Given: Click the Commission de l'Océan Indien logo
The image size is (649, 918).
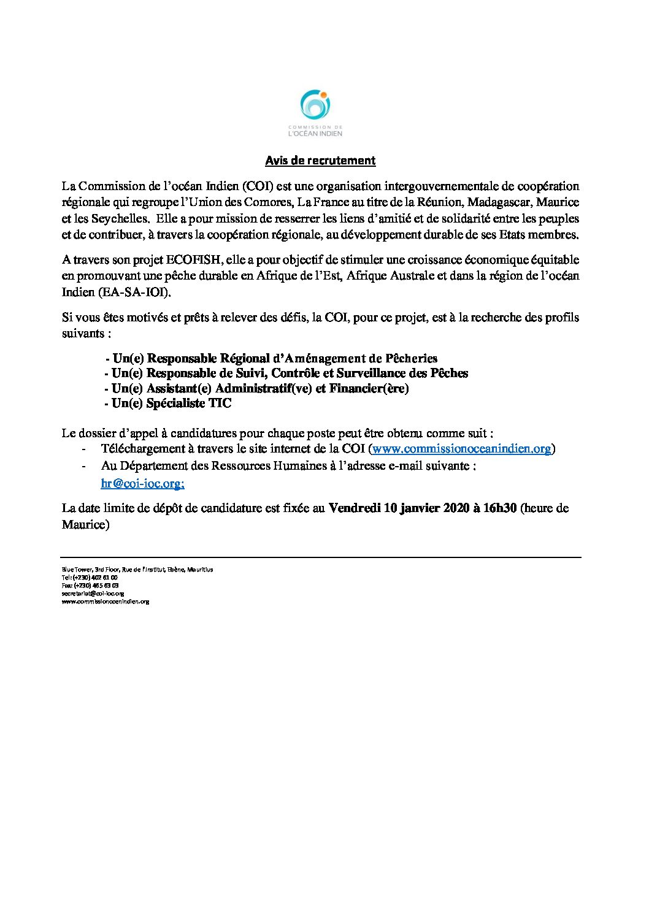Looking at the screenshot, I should click(315, 113).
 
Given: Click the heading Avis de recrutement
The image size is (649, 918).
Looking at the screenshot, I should click(320, 161).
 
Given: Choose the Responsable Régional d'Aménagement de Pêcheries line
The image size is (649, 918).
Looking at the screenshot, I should click(271, 358).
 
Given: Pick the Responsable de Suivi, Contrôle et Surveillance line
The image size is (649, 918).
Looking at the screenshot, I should click(286, 373).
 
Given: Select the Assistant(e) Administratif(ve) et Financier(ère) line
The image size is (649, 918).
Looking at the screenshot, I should click(256, 388).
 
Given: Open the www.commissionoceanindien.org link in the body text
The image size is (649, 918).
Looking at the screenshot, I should click(461, 449).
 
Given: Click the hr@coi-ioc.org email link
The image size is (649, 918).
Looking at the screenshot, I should click(142, 483).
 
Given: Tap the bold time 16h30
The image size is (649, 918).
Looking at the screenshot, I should click(500, 508).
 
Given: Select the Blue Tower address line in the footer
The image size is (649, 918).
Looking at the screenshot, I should click(137, 570).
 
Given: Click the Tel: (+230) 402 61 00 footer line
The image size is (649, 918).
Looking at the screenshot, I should click(90, 578).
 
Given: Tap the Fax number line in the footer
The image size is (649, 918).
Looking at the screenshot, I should click(90, 586).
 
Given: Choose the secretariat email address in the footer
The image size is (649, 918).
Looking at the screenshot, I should click(93, 594).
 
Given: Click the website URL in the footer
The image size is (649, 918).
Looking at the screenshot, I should click(105, 602).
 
